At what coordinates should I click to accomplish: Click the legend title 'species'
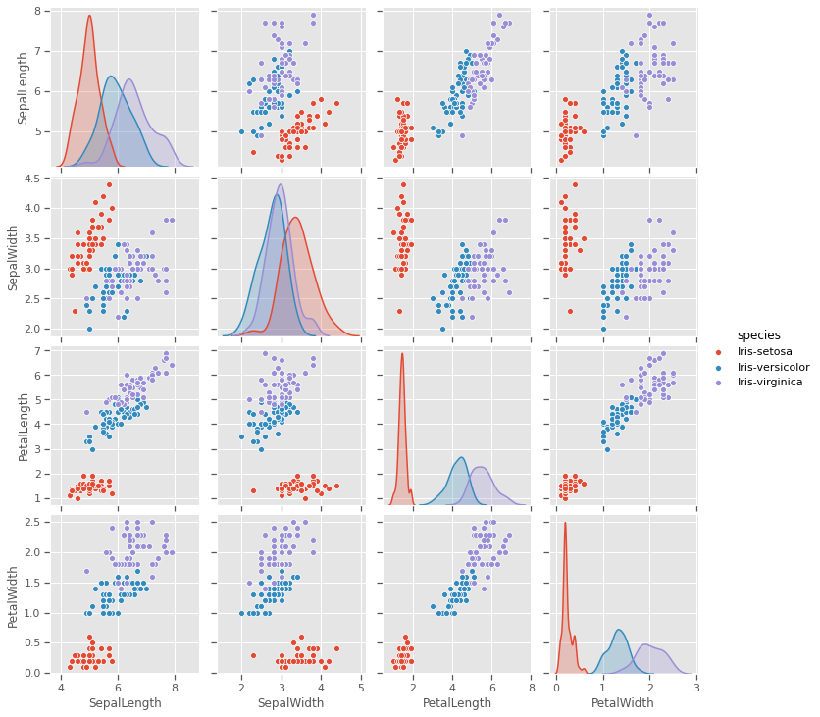pos(756,334)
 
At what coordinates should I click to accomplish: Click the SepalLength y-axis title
pos(22,89)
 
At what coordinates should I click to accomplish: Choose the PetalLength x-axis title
pos(453,703)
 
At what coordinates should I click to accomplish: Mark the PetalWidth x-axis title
pos(621,703)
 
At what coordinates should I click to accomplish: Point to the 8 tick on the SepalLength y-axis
pos(45,11)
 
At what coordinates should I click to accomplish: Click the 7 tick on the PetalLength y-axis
pos(45,350)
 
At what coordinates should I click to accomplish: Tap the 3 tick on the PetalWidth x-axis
pos(696,688)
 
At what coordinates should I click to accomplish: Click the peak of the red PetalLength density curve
pos(402,353)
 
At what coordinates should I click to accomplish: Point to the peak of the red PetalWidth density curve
pos(565,522)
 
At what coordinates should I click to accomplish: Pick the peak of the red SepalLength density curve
pos(89,16)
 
